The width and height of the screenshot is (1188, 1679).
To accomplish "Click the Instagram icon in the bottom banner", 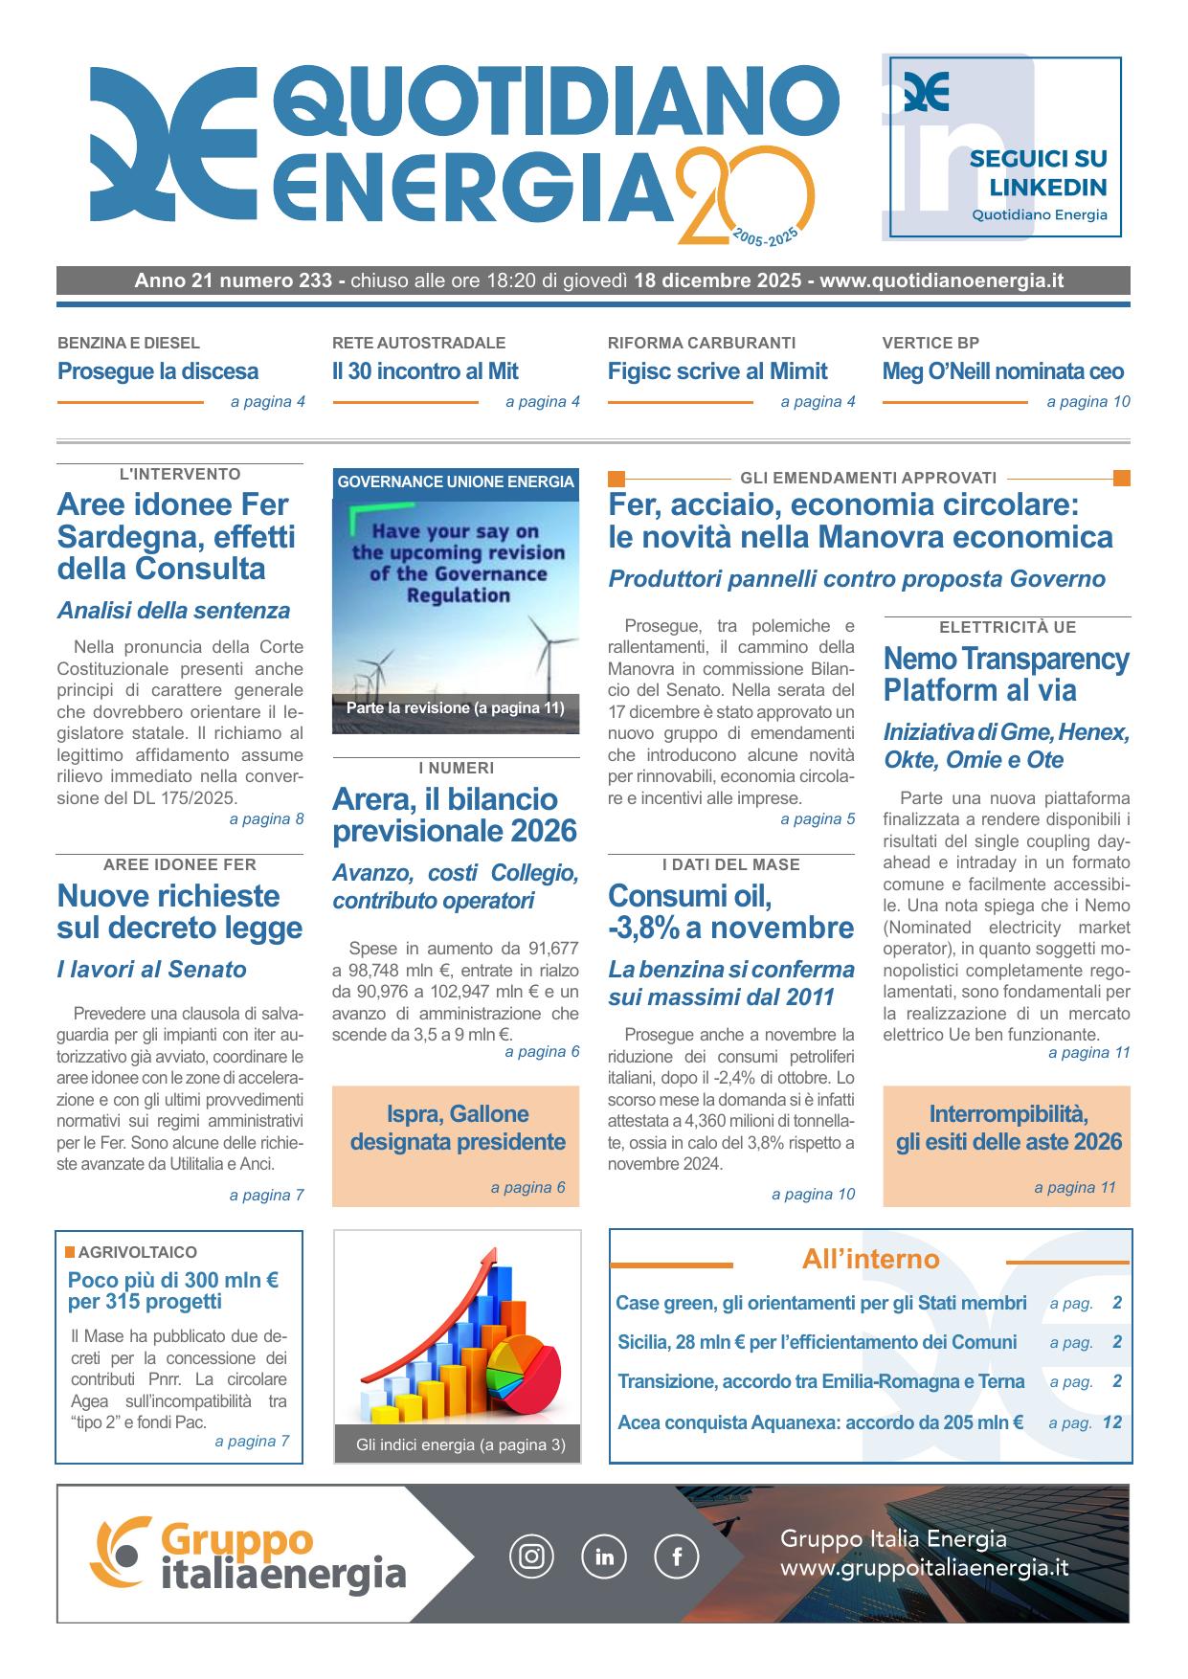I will coord(531,1556).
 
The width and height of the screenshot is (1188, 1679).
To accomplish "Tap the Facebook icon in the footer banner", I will coord(676,1556).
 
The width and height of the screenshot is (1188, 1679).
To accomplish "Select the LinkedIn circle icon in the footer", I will coord(604,1556).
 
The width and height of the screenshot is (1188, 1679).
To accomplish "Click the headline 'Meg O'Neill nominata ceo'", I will coord(1002,371).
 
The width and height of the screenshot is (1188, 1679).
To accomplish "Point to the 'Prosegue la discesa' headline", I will coord(158,371).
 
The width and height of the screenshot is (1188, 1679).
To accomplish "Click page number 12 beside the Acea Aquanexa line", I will coord(1111,1422).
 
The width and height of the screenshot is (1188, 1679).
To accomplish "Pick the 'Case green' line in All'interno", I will coord(820,1303).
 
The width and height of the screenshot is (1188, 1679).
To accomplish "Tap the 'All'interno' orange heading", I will coord(870,1260).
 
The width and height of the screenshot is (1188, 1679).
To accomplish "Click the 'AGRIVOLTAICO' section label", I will coord(137,1252).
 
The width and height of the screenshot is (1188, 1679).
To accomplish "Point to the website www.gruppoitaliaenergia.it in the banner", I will coord(924,1569).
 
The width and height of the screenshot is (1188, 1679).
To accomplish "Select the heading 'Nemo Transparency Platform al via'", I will coord(1005,675).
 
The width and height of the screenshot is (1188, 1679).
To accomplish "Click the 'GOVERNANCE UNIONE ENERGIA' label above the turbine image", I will coord(456,482).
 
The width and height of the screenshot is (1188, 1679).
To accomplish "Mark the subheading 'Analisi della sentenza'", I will coord(173,611).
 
